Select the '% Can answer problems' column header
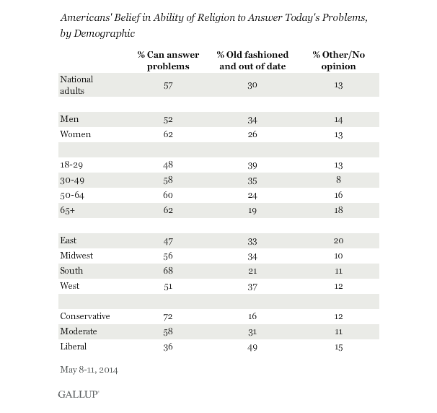click(x=163, y=61)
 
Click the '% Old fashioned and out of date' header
click(x=252, y=61)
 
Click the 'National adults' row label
click(x=77, y=84)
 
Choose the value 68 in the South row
click(x=168, y=271)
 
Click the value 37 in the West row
click(x=252, y=287)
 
